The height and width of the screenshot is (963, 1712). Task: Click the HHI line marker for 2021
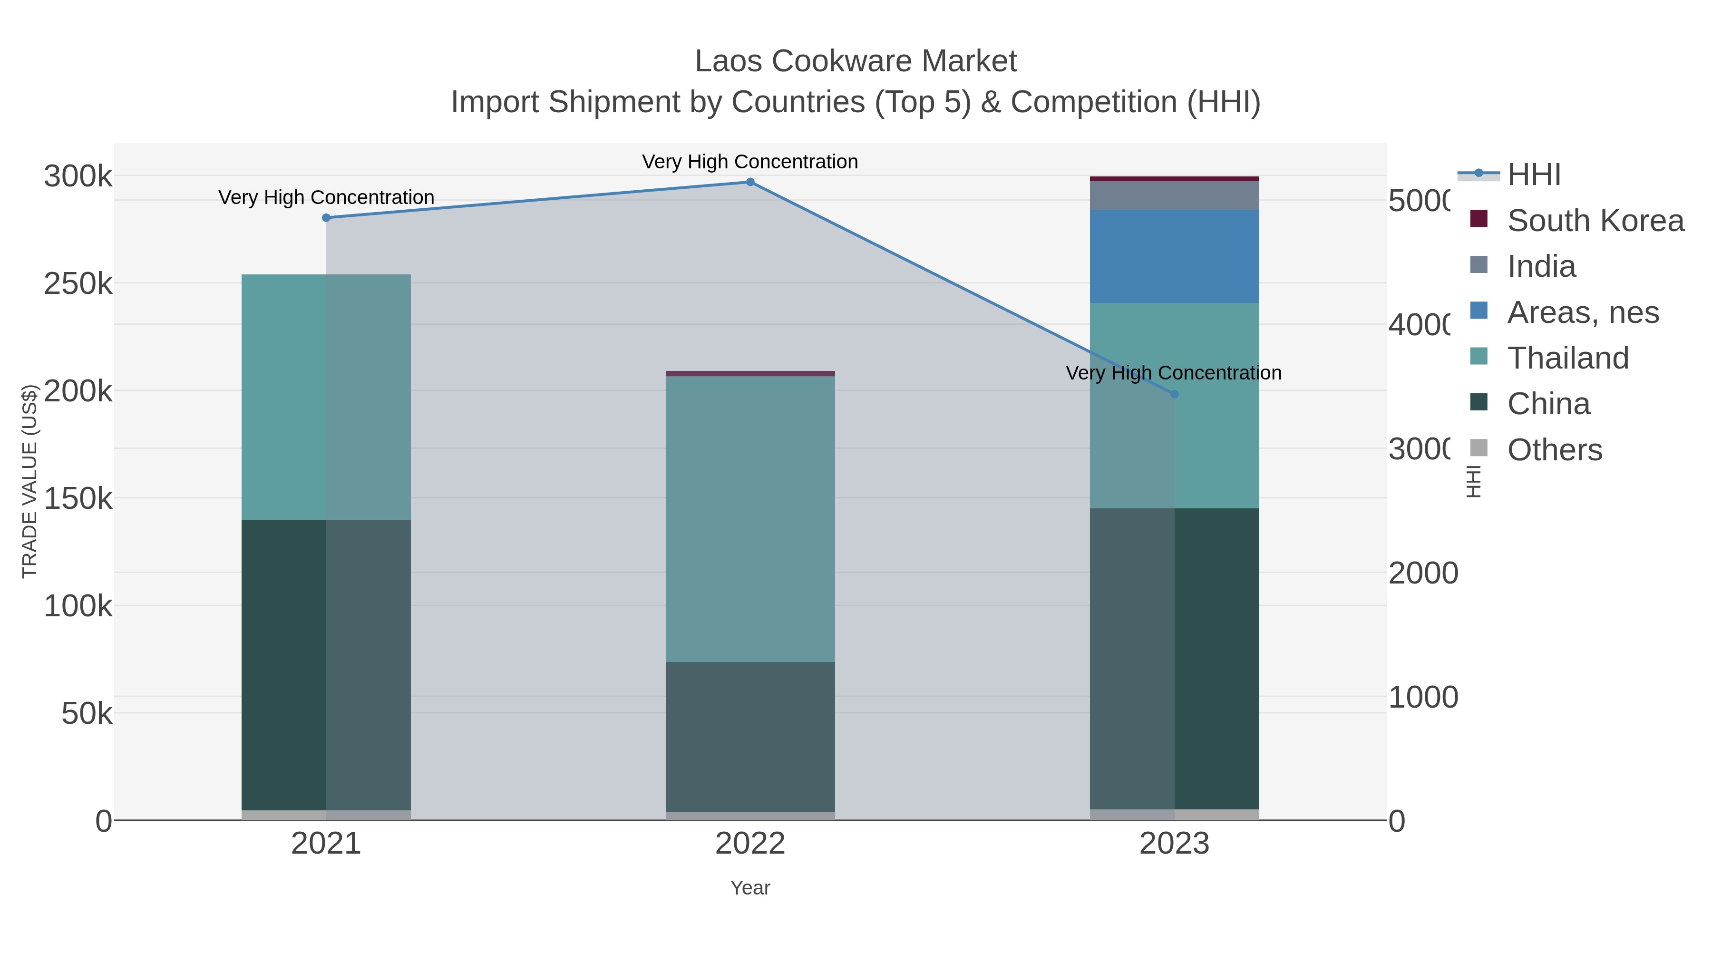tap(326, 218)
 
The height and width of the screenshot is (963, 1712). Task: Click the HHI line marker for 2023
tap(1174, 394)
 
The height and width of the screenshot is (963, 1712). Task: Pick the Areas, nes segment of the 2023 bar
tap(1174, 256)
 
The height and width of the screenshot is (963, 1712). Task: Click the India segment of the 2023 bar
tap(1174, 195)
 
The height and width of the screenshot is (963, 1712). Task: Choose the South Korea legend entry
tap(1595, 221)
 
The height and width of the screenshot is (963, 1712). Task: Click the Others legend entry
tap(1554, 450)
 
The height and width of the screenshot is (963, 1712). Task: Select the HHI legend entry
tap(1534, 175)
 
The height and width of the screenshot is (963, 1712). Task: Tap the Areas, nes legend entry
tap(1582, 312)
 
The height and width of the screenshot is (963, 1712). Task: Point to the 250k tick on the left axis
tap(78, 284)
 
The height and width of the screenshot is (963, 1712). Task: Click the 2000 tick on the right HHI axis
tap(1423, 574)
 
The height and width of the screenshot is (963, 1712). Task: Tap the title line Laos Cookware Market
tap(856, 61)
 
